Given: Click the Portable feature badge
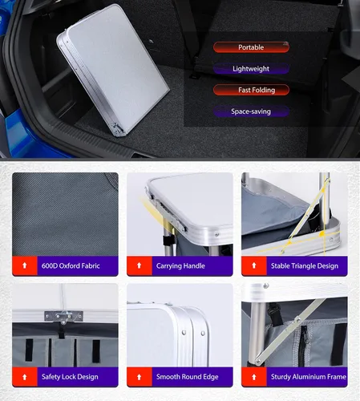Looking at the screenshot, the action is [251, 47].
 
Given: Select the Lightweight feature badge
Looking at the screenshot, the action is [251, 69].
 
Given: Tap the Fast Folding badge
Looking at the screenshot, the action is [251, 90].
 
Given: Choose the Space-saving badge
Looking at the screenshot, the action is [251, 111].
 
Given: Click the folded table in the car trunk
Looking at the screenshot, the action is [112, 70].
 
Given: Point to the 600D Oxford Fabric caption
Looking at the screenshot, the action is [71, 265].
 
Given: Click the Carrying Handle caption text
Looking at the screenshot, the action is [180, 266].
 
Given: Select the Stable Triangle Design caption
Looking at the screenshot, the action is [305, 266].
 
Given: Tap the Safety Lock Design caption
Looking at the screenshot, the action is [70, 377].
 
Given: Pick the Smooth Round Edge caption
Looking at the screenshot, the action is [188, 377].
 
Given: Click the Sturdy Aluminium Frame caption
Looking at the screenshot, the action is [309, 377].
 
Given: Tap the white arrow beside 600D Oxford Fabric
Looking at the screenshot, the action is [25, 265].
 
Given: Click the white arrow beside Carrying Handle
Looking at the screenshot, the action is [139, 265].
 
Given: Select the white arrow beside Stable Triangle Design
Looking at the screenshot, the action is [254, 265].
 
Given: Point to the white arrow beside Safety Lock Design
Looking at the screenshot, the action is [25, 377].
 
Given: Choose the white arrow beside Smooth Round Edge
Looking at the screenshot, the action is [139, 377].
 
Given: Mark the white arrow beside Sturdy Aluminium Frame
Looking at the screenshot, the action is [254, 377].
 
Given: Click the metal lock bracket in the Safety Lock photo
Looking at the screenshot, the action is [63, 317].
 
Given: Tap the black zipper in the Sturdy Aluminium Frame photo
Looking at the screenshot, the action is [304, 345].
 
